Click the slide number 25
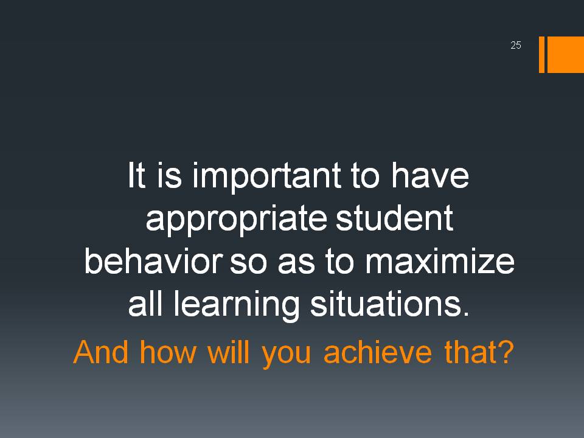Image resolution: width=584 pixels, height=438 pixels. pyautogui.click(x=516, y=45)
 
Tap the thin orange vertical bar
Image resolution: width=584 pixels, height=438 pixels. pyautogui.click(x=541, y=54)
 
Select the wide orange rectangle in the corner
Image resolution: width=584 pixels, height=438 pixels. pyautogui.click(x=565, y=54)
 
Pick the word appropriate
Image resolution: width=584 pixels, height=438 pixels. pyautogui.click(x=236, y=220)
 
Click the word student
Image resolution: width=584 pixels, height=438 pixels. pyautogui.click(x=394, y=218)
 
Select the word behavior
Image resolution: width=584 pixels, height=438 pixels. pyautogui.click(x=153, y=261)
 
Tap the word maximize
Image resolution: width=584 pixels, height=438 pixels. pyautogui.click(x=439, y=261)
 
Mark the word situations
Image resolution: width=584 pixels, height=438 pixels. pyautogui.click(x=389, y=304)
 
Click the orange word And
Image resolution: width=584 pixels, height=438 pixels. pyautogui.click(x=101, y=352)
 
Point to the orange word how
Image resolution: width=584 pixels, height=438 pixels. pyautogui.click(x=168, y=352)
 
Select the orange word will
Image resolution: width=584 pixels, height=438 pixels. pyautogui.click(x=228, y=352)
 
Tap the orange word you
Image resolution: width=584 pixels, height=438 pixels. pyautogui.click(x=286, y=354)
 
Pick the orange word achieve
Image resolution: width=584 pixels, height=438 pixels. pyautogui.click(x=378, y=352)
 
